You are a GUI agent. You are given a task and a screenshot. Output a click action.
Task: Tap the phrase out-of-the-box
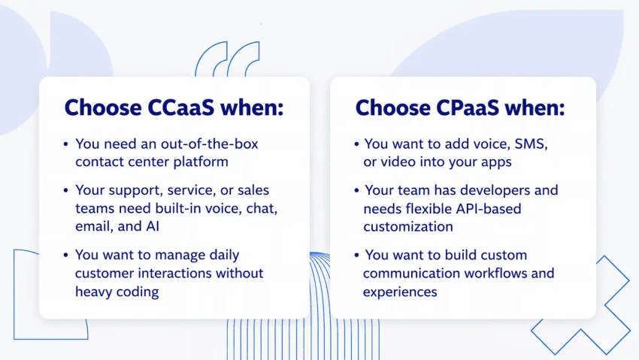210,144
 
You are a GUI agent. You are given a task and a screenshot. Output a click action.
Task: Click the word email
92,225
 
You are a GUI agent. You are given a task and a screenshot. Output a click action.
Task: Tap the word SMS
532,144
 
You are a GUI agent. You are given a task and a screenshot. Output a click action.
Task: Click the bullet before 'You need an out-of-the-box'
67,144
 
